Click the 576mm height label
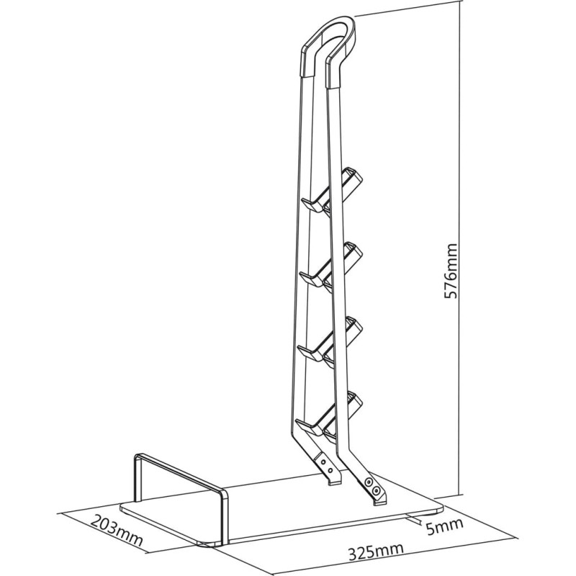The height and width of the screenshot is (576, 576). click(x=451, y=271)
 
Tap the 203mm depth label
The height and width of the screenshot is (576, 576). click(x=117, y=530)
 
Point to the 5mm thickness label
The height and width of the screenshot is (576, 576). click(x=444, y=526)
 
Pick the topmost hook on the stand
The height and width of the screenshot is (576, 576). click(x=331, y=190)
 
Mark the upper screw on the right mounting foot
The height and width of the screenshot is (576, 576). click(x=369, y=482)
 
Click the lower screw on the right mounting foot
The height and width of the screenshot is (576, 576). click(x=375, y=490)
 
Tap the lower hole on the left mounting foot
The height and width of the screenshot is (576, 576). click(x=330, y=470)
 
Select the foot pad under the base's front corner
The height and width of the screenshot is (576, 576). click(x=210, y=544)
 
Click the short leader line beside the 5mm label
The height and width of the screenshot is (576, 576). click(x=415, y=520)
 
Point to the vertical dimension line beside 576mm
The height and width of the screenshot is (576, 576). click(x=461, y=248)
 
